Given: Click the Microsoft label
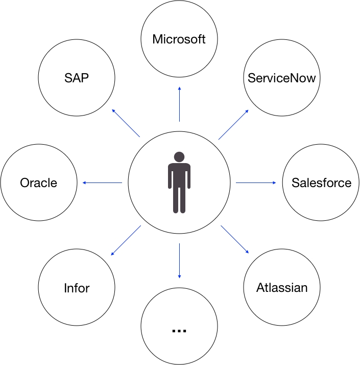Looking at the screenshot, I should coord(179,39).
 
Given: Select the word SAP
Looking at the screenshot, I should coord(77,79).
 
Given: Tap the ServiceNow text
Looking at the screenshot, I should coord(282,78).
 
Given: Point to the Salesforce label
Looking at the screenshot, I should coord(321,182).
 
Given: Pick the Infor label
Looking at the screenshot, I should coord(77,288).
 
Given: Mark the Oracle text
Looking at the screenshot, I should coord(39,182).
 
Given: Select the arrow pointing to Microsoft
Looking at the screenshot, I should coord(179,104).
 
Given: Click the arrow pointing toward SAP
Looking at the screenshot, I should coord(126,123).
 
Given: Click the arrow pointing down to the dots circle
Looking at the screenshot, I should coord(179,261).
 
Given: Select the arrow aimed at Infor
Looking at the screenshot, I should coord(126,240).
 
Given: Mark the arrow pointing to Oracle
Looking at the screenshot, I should coord(102,182).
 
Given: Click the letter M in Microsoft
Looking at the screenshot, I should coord(158,39).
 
